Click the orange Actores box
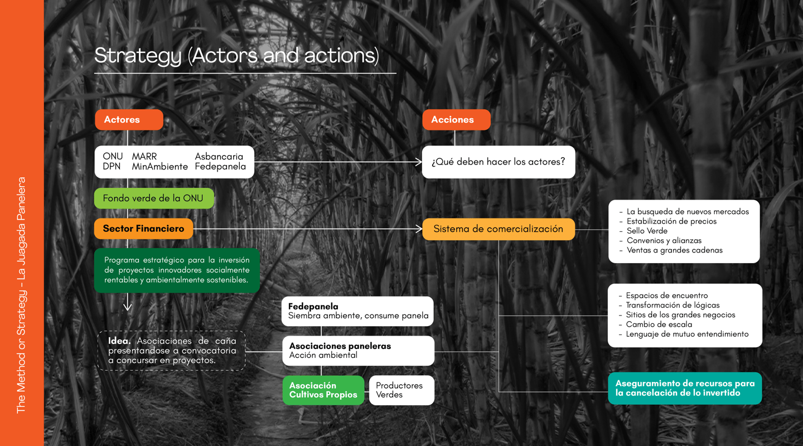tap(129, 120)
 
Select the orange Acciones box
tap(456, 120)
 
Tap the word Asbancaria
tap(219, 157)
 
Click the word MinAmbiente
tap(160, 167)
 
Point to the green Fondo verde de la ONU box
tap(154, 198)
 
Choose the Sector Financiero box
tap(144, 229)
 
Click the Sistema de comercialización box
tap(498, 229)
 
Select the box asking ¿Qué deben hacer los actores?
tap(498, 162)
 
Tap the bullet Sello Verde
tap(647, 231)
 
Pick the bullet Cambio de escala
tap(659, 324)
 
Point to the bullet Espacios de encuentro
tap(666, 295)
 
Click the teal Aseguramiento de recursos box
tap(685, 388)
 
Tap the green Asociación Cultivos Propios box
tap(323, 390)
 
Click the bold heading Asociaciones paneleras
tap(340, 346)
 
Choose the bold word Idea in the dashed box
tap(119, 341)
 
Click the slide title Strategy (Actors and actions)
tap(236, 56)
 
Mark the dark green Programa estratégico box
tap(177, 270)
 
